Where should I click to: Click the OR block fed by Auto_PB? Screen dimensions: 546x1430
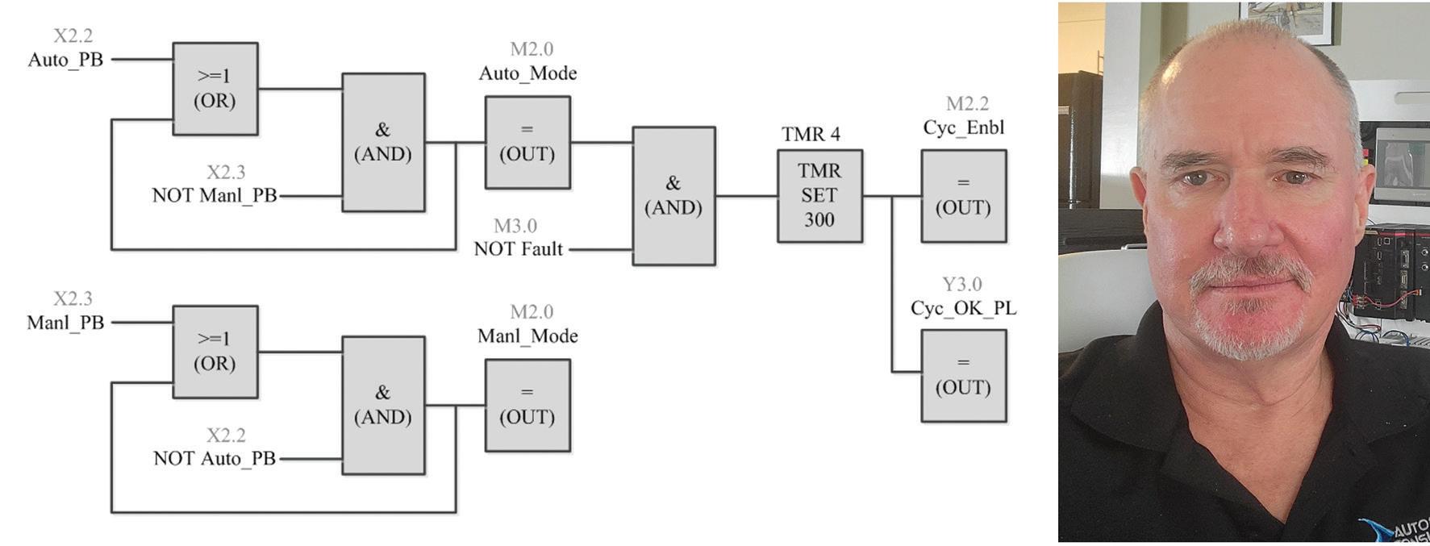215,89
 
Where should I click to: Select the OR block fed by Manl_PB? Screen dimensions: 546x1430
215,352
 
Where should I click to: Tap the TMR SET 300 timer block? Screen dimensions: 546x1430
819,196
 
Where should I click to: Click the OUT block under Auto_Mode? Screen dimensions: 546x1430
527,143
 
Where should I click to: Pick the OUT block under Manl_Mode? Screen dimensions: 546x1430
527,406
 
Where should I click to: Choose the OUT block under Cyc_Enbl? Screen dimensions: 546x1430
964,196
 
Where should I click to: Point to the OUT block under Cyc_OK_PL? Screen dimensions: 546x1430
964,376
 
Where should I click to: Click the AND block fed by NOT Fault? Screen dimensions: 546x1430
673,196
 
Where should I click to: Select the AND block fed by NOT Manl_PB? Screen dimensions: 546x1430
383,143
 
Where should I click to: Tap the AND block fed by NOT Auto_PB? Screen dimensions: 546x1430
383,406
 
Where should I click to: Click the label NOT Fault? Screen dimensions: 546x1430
519,249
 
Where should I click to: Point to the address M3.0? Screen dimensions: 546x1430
515,227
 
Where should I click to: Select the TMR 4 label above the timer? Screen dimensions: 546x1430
811,134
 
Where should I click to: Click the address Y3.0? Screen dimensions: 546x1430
962,285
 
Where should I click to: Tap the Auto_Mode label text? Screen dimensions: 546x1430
527,73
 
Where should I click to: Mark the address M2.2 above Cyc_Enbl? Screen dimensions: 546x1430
967,104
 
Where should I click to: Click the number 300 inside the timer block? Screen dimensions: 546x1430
819,220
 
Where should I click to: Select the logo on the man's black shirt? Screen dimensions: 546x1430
1399,529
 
